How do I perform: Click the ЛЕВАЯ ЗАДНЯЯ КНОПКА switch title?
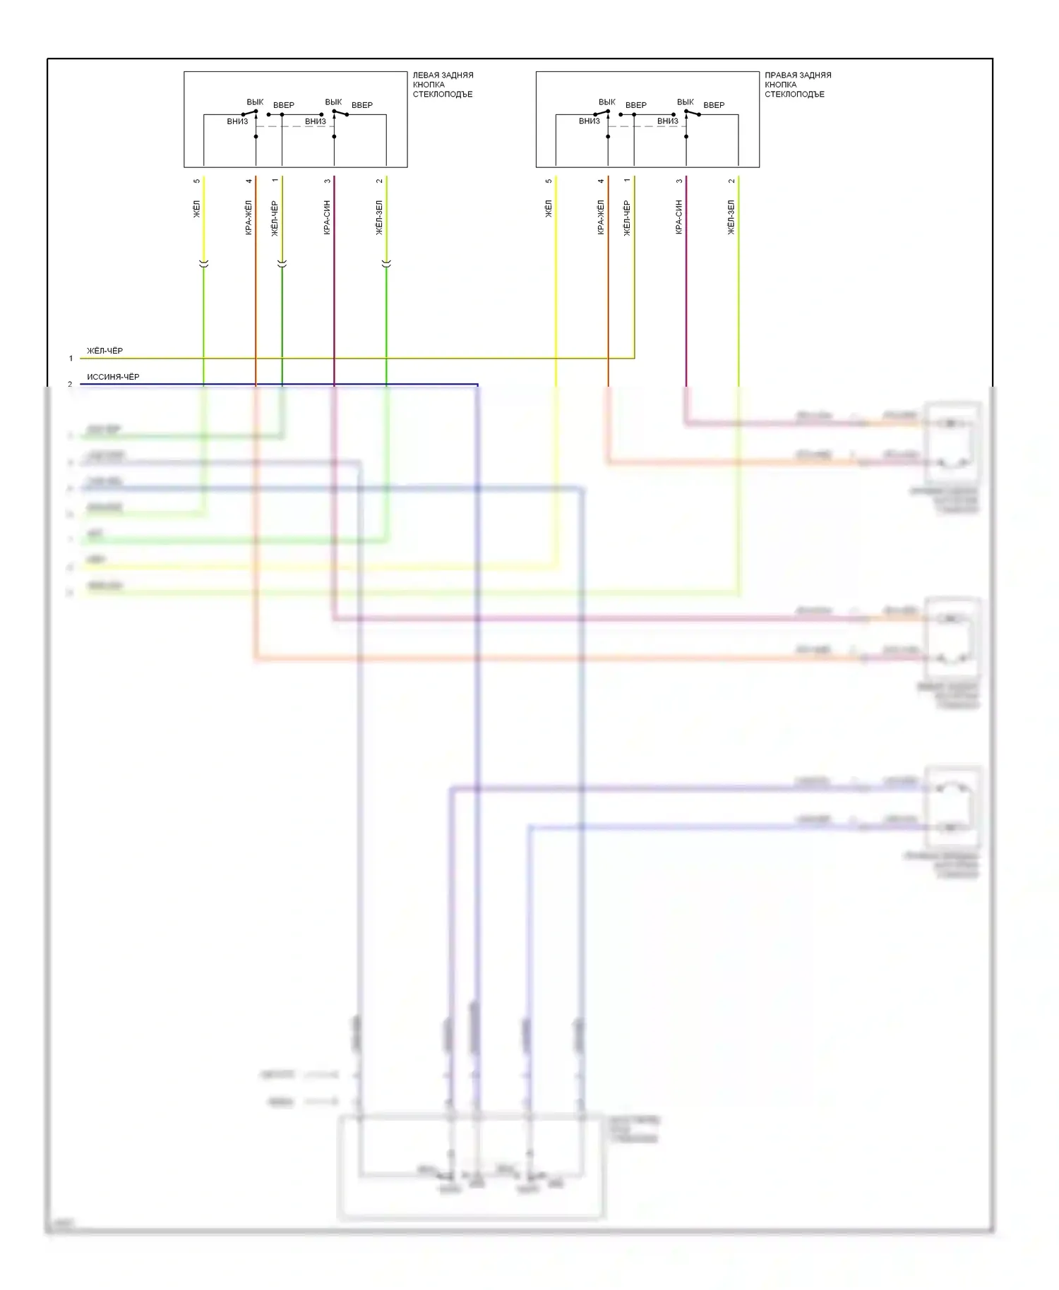point(443,84)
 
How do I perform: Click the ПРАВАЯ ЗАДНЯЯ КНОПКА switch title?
point(798,84)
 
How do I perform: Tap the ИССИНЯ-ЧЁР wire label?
point(113,377)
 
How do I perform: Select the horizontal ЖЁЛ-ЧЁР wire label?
point(104,351)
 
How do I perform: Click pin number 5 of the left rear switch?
point(196,181)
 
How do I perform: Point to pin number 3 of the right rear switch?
point(679,181)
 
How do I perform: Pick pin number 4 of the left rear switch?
point(249,181)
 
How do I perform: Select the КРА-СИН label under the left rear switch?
point(327,217)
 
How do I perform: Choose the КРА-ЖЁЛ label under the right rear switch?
point(601,217)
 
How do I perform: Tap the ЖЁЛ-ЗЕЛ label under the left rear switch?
point(379,217)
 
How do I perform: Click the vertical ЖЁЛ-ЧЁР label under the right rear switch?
point(627,217)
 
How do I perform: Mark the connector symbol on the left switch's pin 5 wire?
point(204,263)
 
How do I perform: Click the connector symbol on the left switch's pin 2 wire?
point(386,263)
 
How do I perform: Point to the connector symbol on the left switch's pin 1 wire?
point(282,263)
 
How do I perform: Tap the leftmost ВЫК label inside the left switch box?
point(255,102)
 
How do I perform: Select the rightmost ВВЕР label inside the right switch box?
point(714,105)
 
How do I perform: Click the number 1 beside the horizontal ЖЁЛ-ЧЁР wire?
point(71,358)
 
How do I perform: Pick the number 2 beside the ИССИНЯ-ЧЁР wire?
point(70,385)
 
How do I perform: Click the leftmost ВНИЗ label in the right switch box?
point(590,121)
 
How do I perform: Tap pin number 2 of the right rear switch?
point(731,181)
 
